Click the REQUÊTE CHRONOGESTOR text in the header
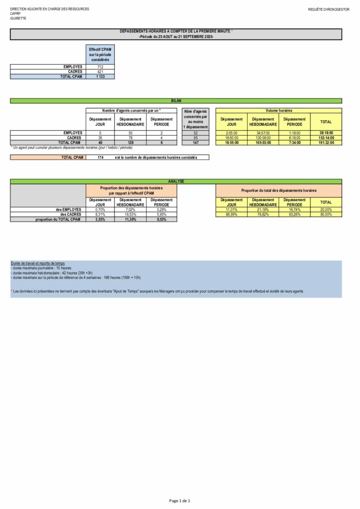pos(329,9)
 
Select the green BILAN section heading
pos(176,100)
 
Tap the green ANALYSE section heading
pos(176,181)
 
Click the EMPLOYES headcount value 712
pos(100,67)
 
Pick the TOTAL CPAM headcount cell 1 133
pos(100,77)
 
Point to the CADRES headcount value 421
pos(100,72)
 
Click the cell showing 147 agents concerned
pos(195,143)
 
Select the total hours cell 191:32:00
pos(326,143)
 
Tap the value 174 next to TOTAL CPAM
pos(100,158)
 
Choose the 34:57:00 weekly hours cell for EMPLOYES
pos(263,133)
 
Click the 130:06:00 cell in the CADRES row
pos(263,138)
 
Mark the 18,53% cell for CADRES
pos(130,214)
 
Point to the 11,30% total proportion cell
pos(130,219)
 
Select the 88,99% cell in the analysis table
pos(231,214)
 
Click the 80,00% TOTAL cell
pos(326,214)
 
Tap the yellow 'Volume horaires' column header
pos(278,110)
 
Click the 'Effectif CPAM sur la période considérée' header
pos(100,54)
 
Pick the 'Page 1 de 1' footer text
pos(180,501)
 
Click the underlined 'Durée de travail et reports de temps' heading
pos(37,263)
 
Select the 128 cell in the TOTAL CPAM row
pos(130,143)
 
